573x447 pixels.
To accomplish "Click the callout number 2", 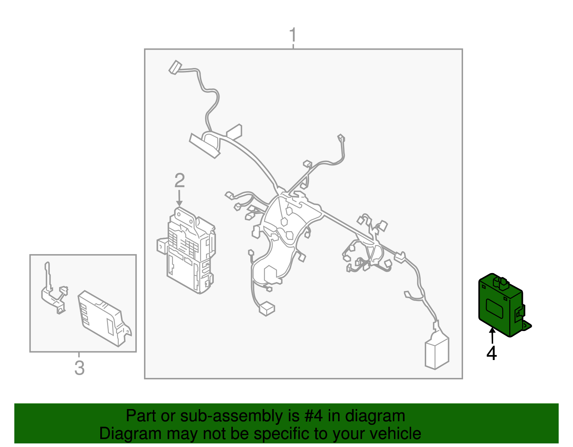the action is tap(179, 180).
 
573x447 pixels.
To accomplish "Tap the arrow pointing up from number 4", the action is tap(492, 335).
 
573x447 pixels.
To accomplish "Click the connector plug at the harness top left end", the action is tap(175, 67).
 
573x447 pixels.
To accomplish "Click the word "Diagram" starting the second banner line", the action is tap(130, 433).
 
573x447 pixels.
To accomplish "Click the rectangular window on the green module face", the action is tap(495, 308).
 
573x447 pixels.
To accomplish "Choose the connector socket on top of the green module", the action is tap(501, 282).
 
